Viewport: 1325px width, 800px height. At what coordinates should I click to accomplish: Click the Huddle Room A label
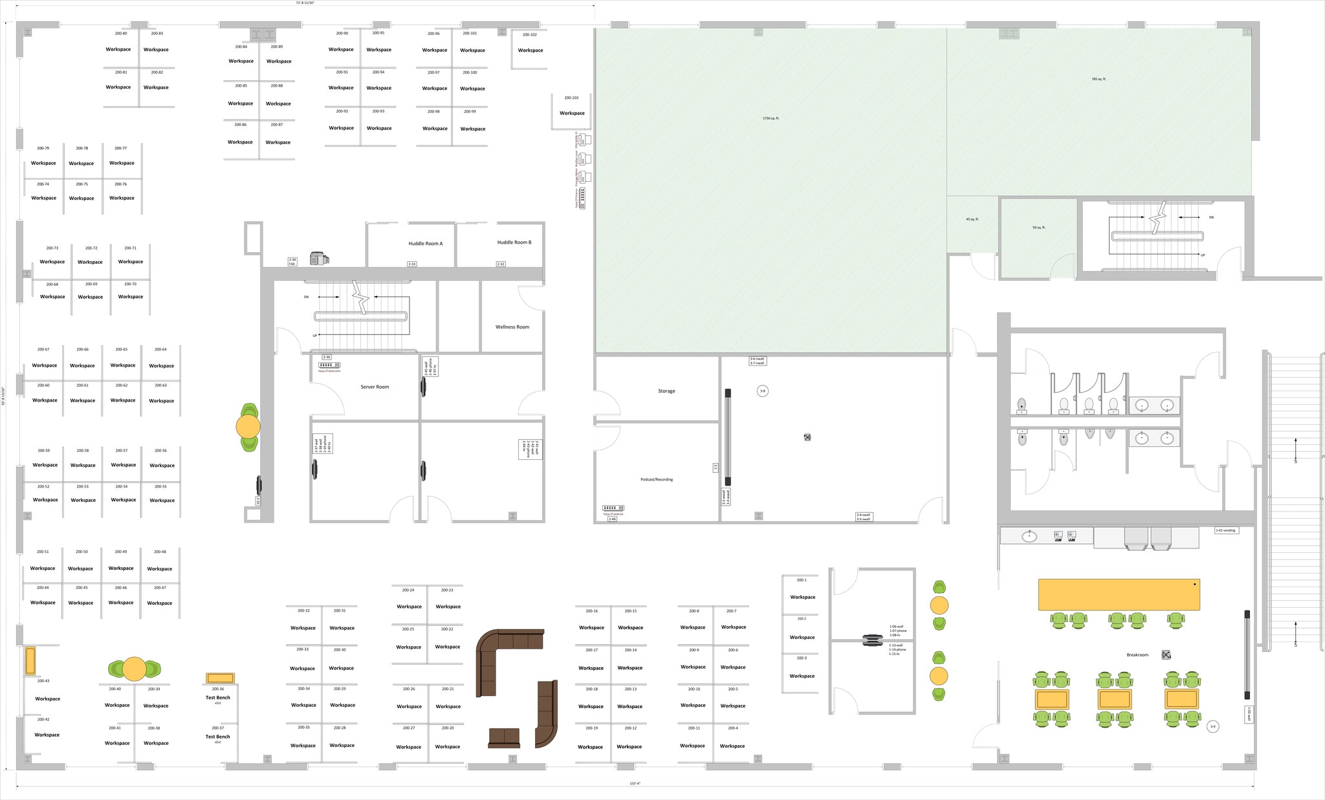(x=425, y=244)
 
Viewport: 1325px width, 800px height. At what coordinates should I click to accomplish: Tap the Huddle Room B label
(x=514, y=243)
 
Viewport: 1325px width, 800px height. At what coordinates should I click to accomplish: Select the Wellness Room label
(x=512, y=327)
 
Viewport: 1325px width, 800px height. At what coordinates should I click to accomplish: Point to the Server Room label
(x=375, y=387)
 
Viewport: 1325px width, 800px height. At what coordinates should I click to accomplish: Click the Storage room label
(x=666, y=391)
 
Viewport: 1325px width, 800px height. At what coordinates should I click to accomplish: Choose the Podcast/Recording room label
(x=657, y=479)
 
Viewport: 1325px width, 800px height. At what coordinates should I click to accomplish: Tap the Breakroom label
(x=1137, y=655)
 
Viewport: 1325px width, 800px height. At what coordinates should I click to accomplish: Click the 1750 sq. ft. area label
(x=771, y=118)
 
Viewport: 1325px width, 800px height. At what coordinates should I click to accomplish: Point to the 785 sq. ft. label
(x=1099, y=80)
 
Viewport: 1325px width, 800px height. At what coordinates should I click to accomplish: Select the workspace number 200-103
(x=571, y=98)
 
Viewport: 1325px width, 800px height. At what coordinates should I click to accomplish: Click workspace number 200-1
(x=802, y=580)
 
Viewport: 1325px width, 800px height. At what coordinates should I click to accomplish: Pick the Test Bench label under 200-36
(x=218, y=698)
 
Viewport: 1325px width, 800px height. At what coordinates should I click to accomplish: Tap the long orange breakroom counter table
(x=1119, y=594)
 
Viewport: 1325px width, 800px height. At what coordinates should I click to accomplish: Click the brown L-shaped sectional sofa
(x=505, y=653)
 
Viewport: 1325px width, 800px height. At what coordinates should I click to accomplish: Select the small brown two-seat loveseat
(x=504, y=737)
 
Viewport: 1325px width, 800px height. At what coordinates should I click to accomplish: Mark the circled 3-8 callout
(x=763, y=391)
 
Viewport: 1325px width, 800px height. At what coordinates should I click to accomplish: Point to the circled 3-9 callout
(x=1212, y=727)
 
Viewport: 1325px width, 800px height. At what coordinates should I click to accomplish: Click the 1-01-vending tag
(x=1225, y=530)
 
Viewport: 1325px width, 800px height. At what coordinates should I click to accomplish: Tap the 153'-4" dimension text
(x=635, y=784)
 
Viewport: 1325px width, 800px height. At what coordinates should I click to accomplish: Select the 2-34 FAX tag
(x=292, y=262)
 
